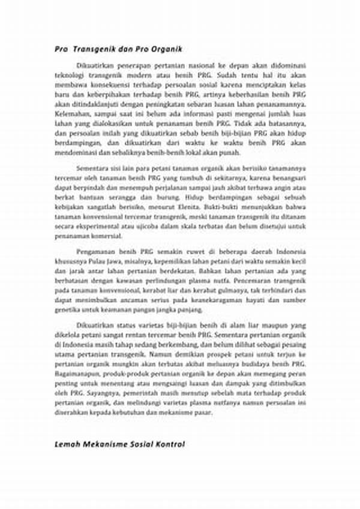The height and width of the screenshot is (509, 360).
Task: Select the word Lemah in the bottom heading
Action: point(68,444)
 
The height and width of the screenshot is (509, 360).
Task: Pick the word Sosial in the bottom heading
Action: point(142,444)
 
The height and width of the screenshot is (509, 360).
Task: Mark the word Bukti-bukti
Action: point(226,203)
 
